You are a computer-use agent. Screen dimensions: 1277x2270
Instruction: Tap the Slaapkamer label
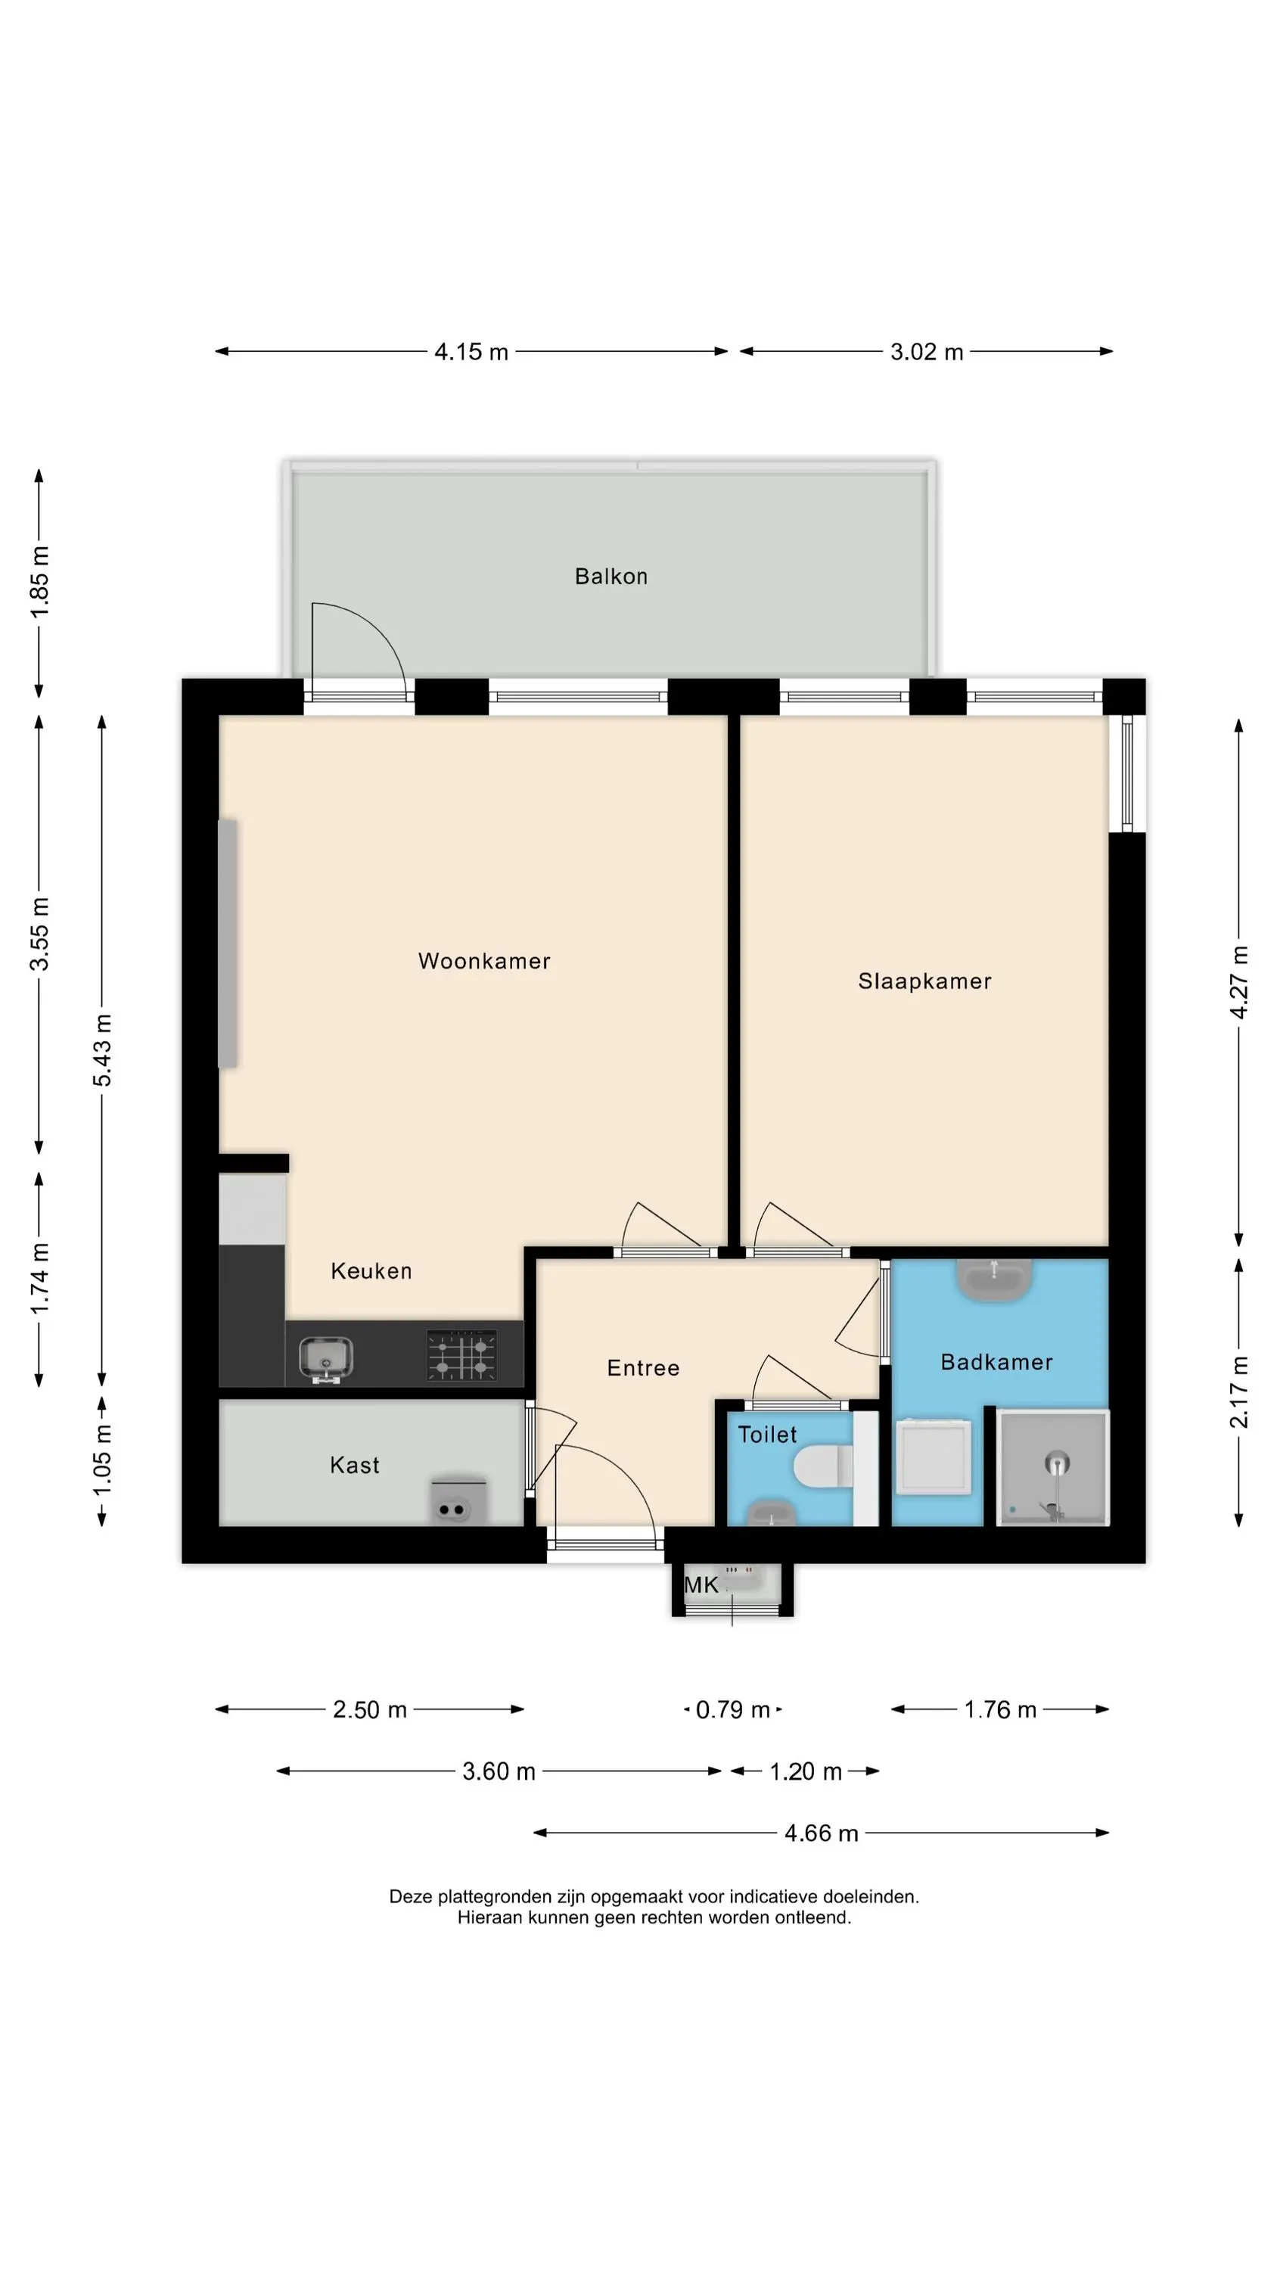coord(924,981)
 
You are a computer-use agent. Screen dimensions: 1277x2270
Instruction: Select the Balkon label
coord(611,577)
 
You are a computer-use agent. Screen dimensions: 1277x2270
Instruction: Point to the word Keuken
coord(371,1270)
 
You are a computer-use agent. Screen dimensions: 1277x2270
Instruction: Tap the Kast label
coord(354,1465)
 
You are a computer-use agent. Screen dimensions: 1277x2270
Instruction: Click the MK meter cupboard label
coord(701,1585)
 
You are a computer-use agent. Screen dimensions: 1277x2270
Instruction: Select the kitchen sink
coord(326,1358)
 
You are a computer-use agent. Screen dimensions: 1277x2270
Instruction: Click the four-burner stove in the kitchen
coord(461,1354)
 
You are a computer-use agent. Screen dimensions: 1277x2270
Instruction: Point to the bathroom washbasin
coord(994,1280)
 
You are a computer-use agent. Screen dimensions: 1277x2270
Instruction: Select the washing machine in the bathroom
coord(934,1456)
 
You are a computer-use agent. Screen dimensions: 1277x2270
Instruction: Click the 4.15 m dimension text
coord(471,352)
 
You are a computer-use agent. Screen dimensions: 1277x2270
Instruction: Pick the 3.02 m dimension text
coord(926,352)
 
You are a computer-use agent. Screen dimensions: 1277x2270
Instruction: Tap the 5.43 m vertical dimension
coord(102,1050)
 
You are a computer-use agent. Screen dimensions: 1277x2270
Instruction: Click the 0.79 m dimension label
coord(733,1709)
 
